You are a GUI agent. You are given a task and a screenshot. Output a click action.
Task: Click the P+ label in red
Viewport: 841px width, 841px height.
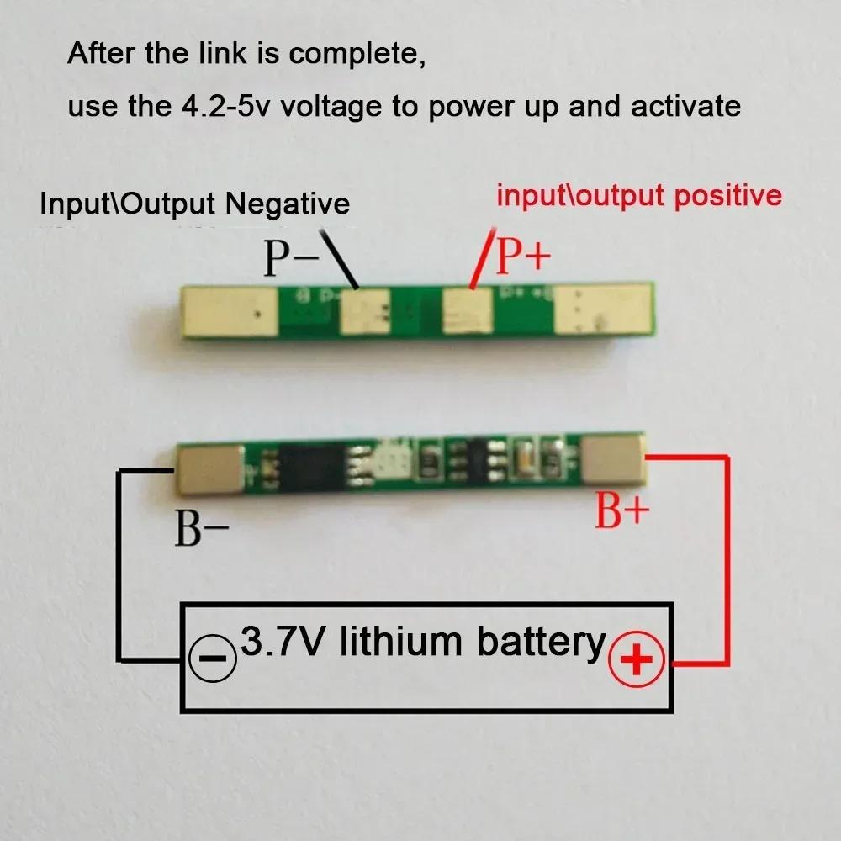[x=522, y=257]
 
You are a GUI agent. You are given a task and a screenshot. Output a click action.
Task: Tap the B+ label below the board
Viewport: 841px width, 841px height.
[x=622, y=510]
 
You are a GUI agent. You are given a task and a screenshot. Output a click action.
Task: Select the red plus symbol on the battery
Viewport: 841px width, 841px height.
[x=637, y=659]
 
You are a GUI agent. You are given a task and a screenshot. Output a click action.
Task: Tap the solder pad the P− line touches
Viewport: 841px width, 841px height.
[x=366, y=310]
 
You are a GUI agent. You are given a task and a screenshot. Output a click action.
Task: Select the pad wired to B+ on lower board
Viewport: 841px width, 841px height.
[x=615, y=459]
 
